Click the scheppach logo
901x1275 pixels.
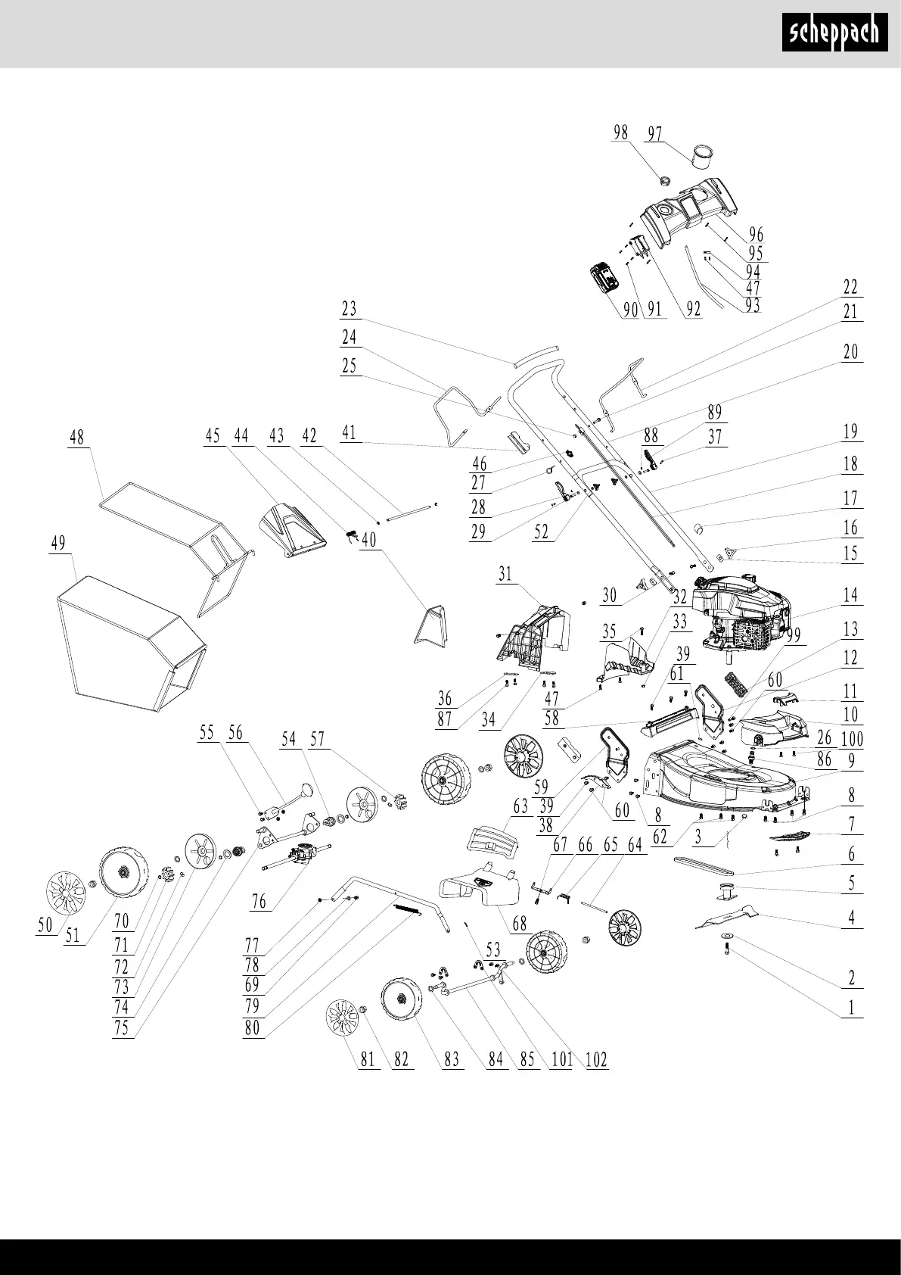point(834,33)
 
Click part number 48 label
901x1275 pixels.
point(76,438)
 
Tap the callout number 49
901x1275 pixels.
point(58,543)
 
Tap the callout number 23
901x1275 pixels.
point(349,309)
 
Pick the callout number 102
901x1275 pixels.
point(596,1059)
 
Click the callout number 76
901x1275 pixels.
point(259,902)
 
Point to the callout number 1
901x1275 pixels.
point(851,1007)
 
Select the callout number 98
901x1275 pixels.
point(620,132)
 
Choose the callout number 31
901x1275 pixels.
point(505,574)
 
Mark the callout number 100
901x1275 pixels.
point(852,738)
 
